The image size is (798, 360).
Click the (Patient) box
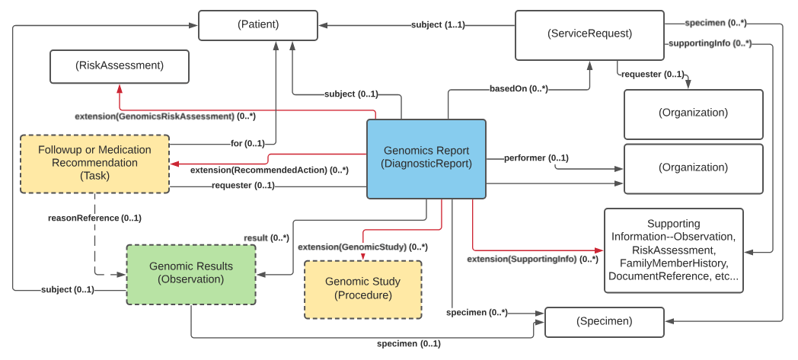(x=258, y=25)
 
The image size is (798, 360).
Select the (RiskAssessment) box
(x=120, y=66)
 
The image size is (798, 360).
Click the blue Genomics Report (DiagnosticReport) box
(x=426, y=158)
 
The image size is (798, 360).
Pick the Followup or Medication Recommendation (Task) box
(x=94, y=163)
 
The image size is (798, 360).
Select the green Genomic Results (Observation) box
(x=191, y=273)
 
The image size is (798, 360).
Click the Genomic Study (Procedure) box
(x=362, y=288)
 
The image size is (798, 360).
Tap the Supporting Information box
(x=673, y=250)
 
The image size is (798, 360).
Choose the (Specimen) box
(x=604, y=321)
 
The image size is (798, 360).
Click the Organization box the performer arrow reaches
(x=693, y=168)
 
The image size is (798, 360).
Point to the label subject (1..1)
(x=438, y=25)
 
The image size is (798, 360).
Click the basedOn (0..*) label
(x=518, y=88)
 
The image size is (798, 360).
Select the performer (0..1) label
(x=536, y=158)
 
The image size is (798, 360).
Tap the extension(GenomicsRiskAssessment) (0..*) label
(x=164, y=116)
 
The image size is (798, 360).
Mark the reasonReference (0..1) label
(x=94, y=218)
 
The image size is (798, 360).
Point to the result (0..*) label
(x=266, y=238)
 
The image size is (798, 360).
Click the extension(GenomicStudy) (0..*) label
(x=362, y=247)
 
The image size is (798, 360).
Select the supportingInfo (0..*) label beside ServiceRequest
(x=710, y=43)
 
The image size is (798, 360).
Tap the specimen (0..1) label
(x=408, y=344)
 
